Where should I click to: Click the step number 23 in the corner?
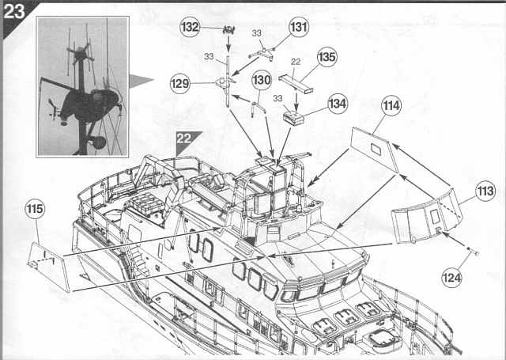(x=14, y=11)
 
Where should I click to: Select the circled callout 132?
(x=190, y=27)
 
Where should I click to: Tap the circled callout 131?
(x=299, y=27)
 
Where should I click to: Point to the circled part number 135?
(x=327, y=57)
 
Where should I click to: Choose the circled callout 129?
(x=180, y=84)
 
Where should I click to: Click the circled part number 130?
(x=261, y=80)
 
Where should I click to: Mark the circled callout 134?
(x=338, y=104)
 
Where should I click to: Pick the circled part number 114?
(x=391, y=105)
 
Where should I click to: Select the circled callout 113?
(x=485, y=191)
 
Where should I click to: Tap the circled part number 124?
(x=451, y=278)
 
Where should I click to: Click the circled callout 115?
(x=35, y=209)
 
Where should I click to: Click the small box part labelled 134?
(x=293, y=118)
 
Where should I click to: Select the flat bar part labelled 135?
(x=296, y=83)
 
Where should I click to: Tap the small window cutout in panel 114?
(x=376, y=149)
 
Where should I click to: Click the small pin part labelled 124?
(x=473, y=250)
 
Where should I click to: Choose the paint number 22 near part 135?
(x=296, y=62)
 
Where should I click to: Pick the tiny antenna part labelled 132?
(x=228, y=30)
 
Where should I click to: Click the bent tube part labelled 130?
(x=258, y=108)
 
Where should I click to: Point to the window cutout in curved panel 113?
(x=435, y=216)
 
